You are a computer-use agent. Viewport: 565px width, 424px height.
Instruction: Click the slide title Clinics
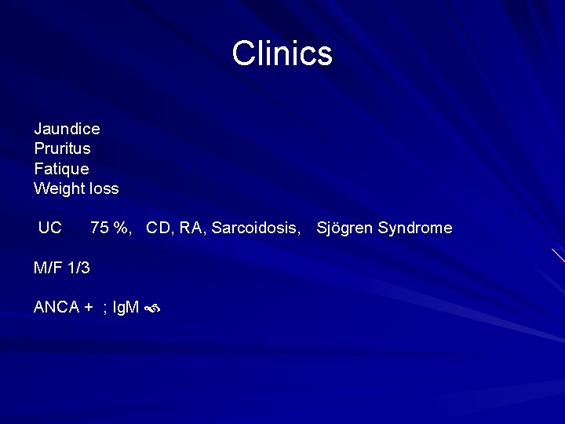[282, 53]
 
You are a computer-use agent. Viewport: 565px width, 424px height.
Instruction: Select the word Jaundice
[67, 128]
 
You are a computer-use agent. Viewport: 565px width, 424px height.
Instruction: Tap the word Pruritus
[62, 148]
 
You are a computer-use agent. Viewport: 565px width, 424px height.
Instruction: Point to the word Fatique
[61, 169]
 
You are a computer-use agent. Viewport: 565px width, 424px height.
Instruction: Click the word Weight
[57, 189]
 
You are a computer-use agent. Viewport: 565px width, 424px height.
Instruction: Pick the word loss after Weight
[104, 188]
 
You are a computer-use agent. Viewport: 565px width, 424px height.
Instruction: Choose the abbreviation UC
[49, 228]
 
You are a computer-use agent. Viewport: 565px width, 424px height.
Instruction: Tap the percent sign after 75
[121, 228]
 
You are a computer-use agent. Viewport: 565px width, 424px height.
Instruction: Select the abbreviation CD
[159, 228]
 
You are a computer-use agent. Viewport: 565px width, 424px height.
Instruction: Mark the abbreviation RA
[191, 228]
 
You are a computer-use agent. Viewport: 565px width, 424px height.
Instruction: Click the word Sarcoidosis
[256, 228]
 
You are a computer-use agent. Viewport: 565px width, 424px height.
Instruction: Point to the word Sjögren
[344, 228]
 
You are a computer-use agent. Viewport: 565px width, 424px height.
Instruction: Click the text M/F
[47, 268]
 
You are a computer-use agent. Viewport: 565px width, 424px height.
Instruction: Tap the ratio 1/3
[78, 268]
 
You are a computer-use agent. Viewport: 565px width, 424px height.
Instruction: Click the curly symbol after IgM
[152, 309]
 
